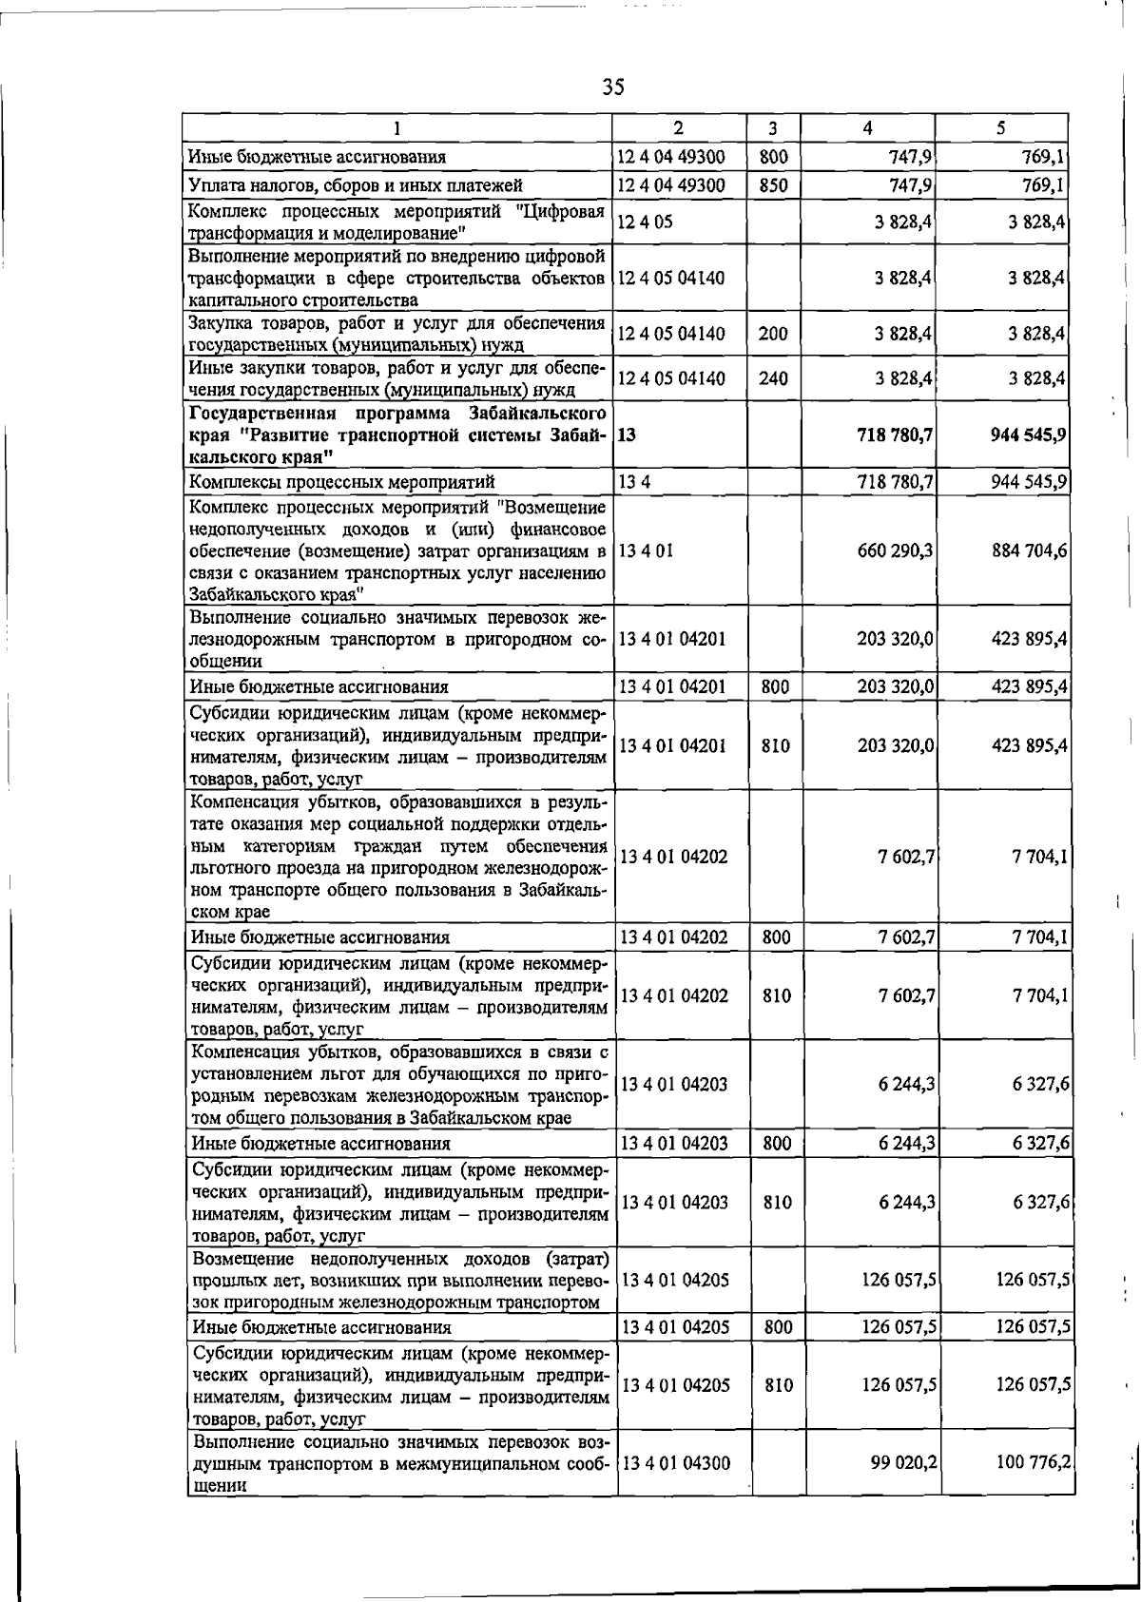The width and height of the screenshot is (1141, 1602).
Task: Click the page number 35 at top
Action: click(x=613, y=87)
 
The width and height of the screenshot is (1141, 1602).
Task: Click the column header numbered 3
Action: click(x=773, y=127)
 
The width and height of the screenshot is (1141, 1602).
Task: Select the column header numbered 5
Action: click(x=1001, y=127)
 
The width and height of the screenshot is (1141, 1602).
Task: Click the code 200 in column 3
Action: click(x=774, y=334)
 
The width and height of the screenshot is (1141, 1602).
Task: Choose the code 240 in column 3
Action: click(x=774, y=378)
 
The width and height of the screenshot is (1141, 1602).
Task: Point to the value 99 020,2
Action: click(x=903, y=1463)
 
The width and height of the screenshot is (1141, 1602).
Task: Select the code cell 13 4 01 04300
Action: click(x=675, y=1463)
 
